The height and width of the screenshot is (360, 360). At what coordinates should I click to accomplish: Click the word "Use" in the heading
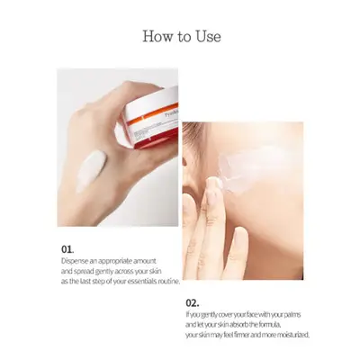209,36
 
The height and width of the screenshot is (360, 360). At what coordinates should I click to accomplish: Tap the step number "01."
67,249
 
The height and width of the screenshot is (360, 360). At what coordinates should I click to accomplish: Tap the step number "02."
193,302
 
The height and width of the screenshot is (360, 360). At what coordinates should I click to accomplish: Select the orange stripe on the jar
152,113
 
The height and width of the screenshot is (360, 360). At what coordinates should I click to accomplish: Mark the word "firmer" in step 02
240,335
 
